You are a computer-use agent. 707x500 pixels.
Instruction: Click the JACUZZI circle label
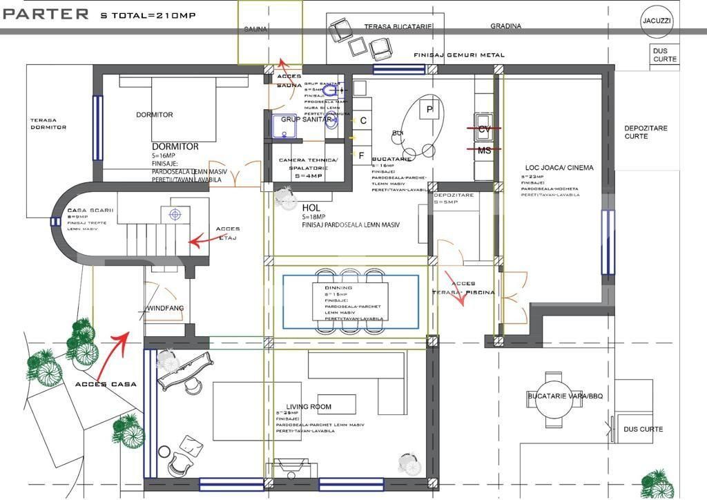pyautogui.click(x=655, y=21)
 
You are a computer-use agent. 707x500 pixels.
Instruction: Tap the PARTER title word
pyautogui.click(x=46, y=13)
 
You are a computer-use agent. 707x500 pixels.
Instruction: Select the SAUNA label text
pyautogui.click(x=255, y=29)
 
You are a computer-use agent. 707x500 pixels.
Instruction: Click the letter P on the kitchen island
pyautogui.click(x=429, y=110)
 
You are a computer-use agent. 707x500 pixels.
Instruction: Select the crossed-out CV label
pyautogui.click(x=484, y=129)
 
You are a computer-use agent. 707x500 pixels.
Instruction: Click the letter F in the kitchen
pyautogui.click(x=361, y=155)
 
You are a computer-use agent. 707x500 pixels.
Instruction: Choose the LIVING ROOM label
pyautogui.click(x=309, y=407)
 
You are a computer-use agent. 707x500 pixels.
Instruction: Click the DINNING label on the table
pyautogui.click(x=338, y=288)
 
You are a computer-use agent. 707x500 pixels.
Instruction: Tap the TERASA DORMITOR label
pyautogui.click(x=48, y=124)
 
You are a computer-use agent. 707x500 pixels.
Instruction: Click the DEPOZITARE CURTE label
pyautogui.click(x=646, y=132)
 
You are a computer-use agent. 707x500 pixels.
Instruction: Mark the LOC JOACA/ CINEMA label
pyautogui.click(x=549, y=167)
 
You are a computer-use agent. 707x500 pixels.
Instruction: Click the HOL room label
pyautogui.click(x=311, y=207)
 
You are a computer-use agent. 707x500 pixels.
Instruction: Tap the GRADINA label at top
pyautogui.click(x=506, y=26)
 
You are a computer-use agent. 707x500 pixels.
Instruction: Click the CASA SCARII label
pyautogui.click(x=90, y=210)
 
